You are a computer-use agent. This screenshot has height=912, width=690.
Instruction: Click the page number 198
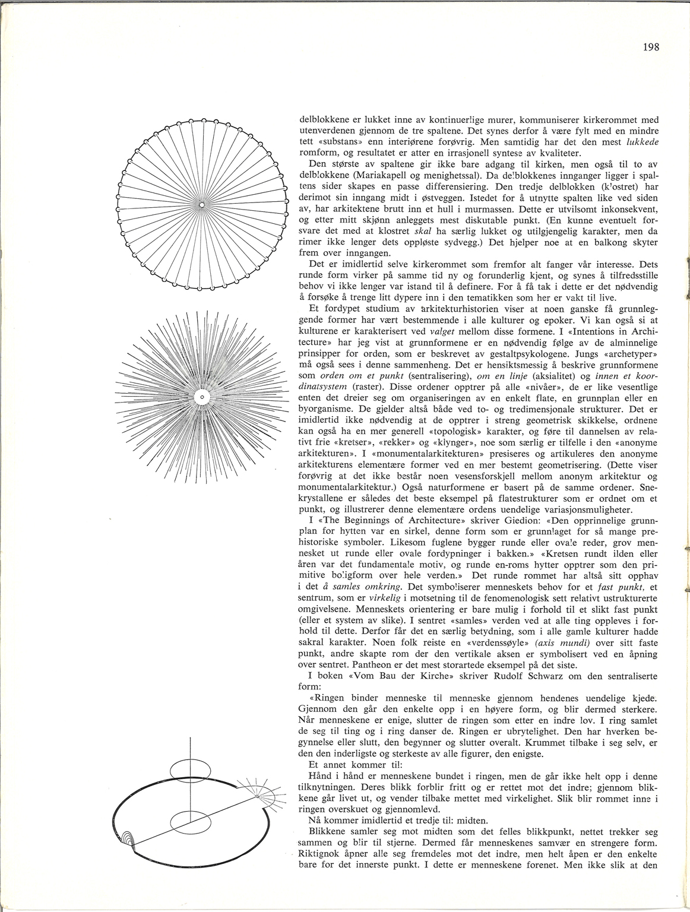coord(651,47)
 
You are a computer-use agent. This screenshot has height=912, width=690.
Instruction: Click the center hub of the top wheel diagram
coord(201,205)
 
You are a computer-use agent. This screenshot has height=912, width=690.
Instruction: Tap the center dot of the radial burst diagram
coord(201,396)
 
